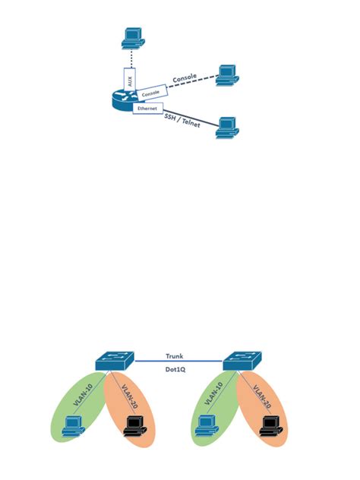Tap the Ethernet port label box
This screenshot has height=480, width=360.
147,109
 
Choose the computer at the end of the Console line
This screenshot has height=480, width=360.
227,74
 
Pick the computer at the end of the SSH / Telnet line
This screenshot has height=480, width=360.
226,127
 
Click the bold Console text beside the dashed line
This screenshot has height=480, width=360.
185,78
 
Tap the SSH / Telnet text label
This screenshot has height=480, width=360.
182,119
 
